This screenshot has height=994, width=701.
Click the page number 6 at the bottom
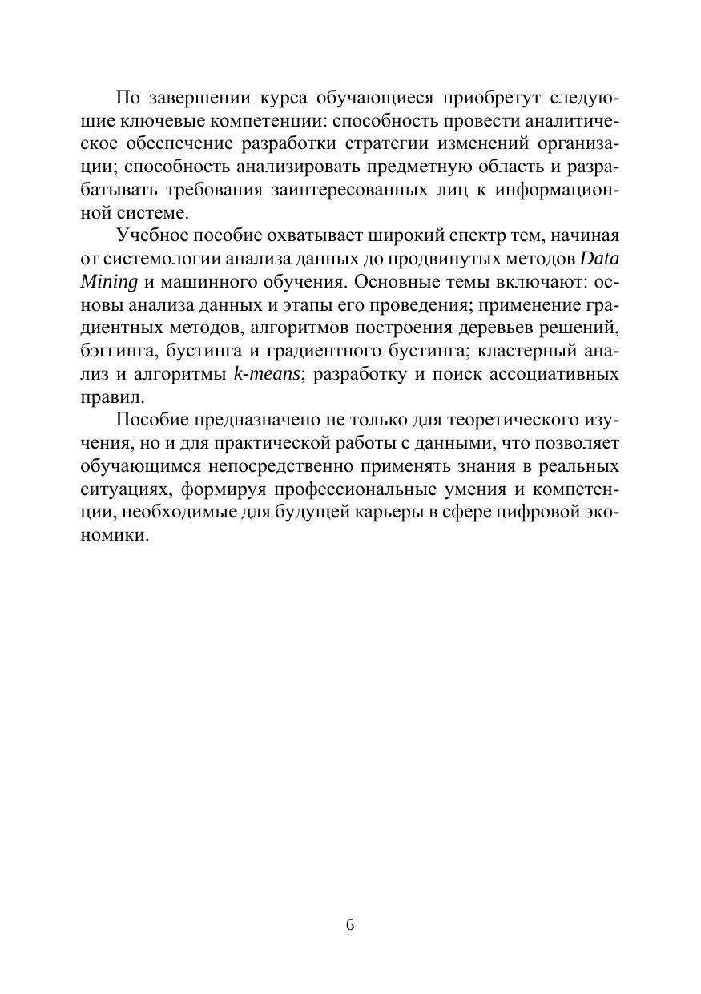[350, 925]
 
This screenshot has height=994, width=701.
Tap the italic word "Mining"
[105, 282]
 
